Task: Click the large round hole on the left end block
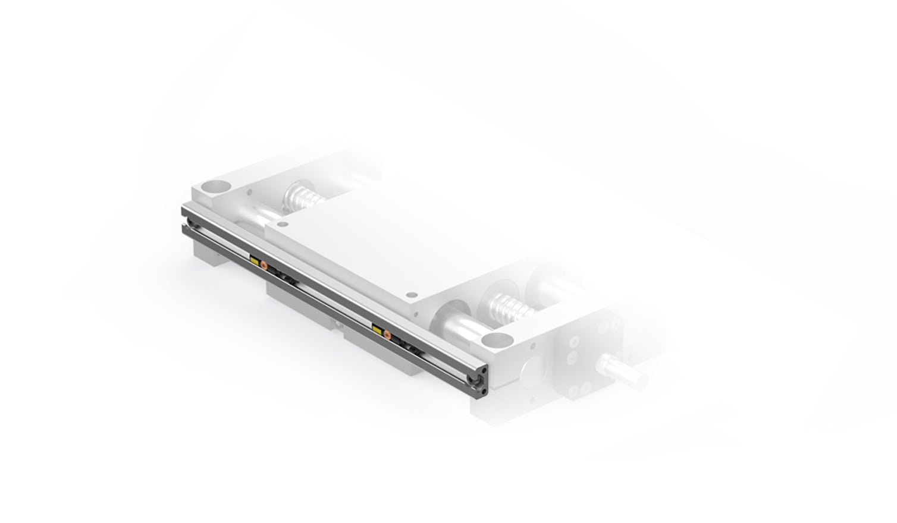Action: coord(214,186)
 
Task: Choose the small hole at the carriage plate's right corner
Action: coord(410,294)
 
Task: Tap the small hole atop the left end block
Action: coord(249,191)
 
